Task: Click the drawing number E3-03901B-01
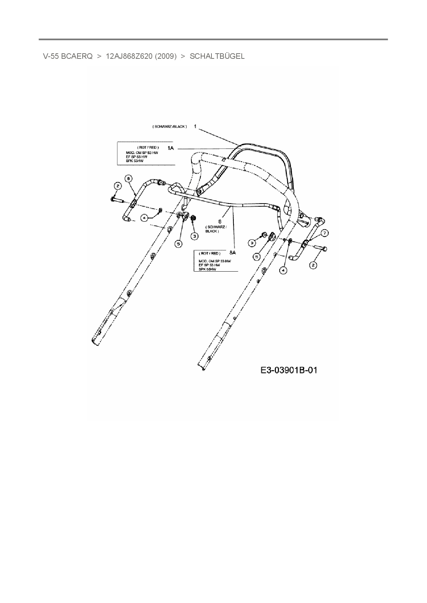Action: (x=289, y=370)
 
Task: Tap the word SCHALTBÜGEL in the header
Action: (x=217, y=56)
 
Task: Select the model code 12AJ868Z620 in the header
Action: (x=129, y=56)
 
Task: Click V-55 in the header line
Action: (x=51, y=56)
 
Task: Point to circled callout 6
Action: (x=128, y=178)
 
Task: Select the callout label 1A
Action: (x=170, y=148)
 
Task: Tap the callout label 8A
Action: (x=232, y=252)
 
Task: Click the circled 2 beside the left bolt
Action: (x=118, y=186)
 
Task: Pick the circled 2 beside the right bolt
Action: (x=313, y=265)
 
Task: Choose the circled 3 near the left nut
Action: (x=195, y=236)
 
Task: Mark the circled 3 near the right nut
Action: (x=252, y=243)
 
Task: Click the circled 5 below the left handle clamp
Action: (x=178, y=244)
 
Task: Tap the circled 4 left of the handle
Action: (x=145, y=218)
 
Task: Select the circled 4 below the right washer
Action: (x=282, y=271)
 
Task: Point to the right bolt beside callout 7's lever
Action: (x=321, y=248)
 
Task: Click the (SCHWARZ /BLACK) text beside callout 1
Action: (x=170, y=127)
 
